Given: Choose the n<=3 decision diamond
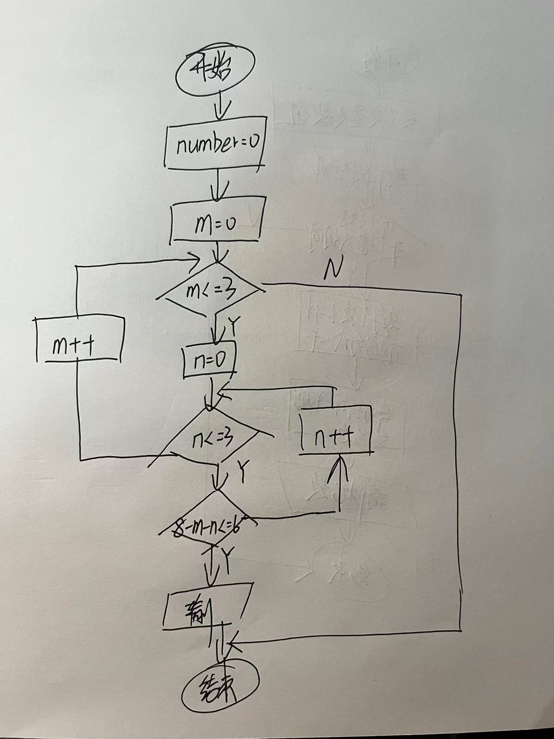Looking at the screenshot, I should click(212, 438).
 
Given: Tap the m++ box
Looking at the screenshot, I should click(79, 341).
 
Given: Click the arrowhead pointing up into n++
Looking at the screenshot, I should click(338, 468).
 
